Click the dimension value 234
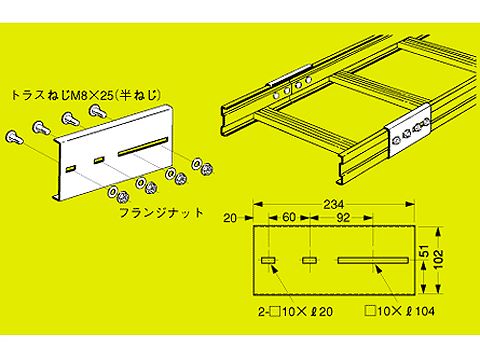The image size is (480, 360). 333,204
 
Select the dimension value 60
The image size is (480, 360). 289,217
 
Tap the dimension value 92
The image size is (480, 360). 343,218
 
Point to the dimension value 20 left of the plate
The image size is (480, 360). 230,218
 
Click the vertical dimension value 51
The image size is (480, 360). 424,252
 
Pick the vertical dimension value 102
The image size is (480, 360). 440,260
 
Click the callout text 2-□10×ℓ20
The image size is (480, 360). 295,312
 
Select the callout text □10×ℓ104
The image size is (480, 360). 400,311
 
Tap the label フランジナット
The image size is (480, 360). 161,213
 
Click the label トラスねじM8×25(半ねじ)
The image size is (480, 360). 86,96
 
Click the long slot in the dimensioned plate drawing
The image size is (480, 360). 373,260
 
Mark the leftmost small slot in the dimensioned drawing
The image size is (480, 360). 268,260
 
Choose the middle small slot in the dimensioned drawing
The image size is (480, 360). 310,260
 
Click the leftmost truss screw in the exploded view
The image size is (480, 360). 15,137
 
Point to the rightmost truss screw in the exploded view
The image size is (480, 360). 98,111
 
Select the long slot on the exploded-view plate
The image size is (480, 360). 142,146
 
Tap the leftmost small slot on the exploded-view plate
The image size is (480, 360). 71,169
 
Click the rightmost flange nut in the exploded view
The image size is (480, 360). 206,169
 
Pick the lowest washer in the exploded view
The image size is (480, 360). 112,192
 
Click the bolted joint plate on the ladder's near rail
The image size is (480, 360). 408,130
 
